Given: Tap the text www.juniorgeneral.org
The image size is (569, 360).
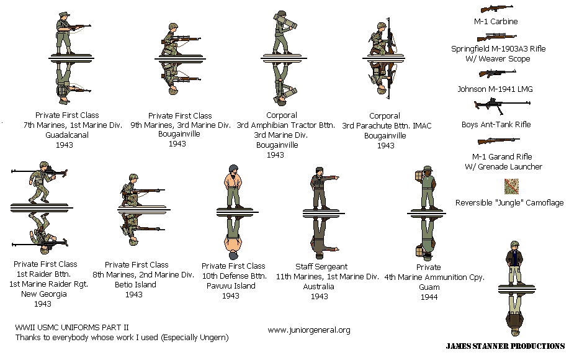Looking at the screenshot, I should [x=308, y=330].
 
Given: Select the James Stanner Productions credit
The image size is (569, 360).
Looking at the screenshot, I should [x=505, y=346].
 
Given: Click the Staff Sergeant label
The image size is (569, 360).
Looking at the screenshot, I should [x=321, y=267].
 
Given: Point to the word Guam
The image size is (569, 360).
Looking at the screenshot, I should [x=429, y=287].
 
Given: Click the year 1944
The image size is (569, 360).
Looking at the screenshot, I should [x=429, y=297].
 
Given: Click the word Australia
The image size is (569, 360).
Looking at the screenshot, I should [x=320, y=287].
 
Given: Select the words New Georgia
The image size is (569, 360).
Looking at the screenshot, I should [x=42, y=294].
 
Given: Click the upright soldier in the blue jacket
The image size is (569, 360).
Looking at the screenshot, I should [x=513, y=261].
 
